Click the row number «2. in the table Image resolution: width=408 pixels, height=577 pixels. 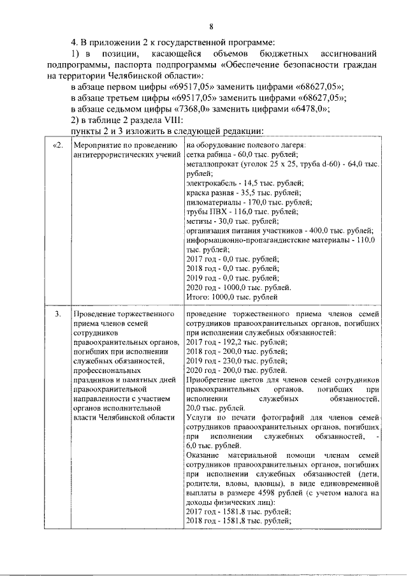(x=57, y=146)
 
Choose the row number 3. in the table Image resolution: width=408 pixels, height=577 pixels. (x=58, y=315)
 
